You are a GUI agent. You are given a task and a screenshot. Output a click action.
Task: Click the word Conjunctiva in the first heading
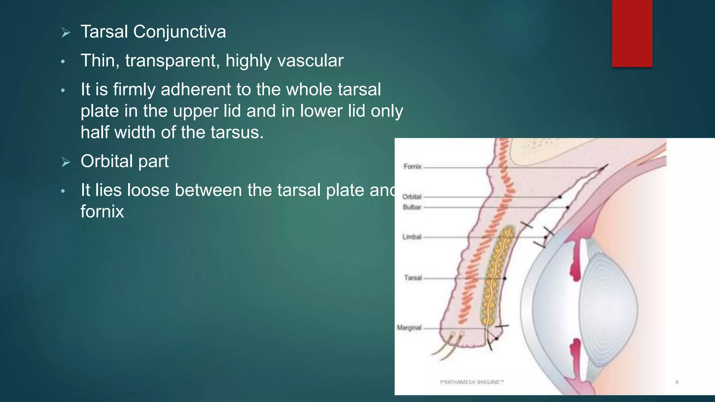(x=179, y=32)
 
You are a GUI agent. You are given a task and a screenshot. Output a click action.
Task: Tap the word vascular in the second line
(x=310, y=61)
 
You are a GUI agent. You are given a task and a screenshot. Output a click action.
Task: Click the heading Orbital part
(x=124, y=162)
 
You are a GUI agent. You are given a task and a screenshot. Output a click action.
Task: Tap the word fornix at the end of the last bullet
(x=102, y=212)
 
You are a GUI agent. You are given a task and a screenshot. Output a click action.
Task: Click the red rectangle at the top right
(x=632, y=33)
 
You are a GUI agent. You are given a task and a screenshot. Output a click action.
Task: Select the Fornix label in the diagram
(x=412, y=167)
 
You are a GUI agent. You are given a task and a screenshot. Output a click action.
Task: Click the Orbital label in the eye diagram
(x=412, y=197)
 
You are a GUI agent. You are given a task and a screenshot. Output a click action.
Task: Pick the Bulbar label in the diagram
(x=412, y=207)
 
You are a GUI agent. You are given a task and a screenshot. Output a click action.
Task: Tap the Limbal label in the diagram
(x=412, y=237)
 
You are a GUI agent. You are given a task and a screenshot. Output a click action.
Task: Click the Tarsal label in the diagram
(x=413, y=278)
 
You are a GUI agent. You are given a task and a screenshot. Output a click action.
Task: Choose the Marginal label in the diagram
(x=409, y=328)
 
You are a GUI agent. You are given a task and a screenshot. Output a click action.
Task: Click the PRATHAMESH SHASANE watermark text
(x=472, y=382)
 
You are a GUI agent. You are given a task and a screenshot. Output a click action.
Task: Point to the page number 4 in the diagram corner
(x=677, y=382)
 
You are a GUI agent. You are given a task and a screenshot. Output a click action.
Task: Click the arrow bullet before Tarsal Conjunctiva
(x=66, y=33)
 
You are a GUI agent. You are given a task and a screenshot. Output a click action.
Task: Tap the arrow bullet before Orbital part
(x=66, y=162)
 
